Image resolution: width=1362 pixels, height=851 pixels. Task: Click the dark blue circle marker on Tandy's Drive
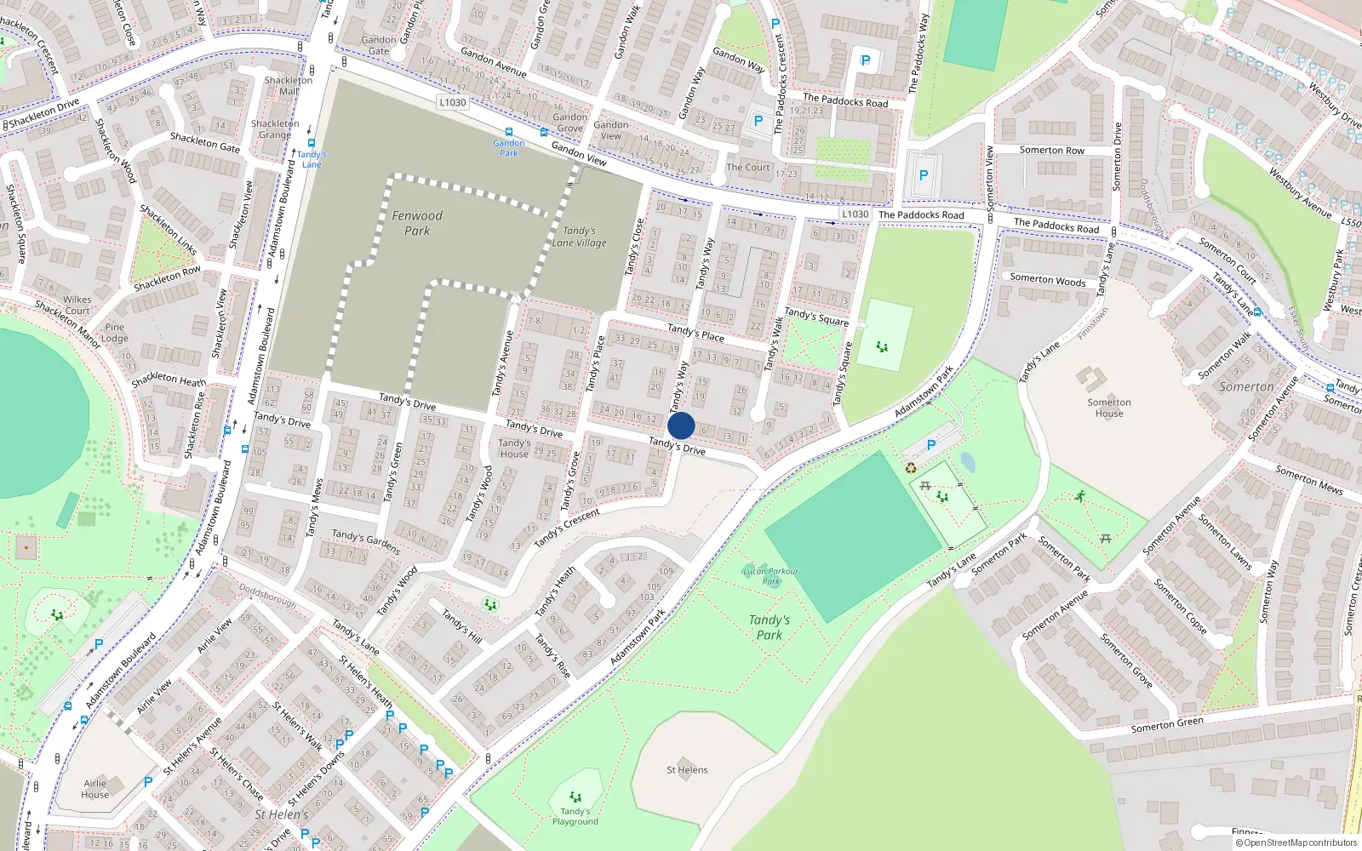coord(681,425)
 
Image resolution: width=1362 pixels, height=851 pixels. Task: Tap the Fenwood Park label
coord(417,223)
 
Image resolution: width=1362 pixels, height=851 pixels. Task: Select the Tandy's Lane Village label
coord(580,237)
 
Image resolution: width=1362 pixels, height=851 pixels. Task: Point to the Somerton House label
coord(1109,408)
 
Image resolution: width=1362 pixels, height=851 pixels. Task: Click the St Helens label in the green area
coord(687,770)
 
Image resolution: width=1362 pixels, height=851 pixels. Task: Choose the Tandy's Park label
coord(770,627)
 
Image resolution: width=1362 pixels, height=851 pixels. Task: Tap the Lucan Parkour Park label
coord(771,576)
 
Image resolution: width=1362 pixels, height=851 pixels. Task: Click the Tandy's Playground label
coord(575,816)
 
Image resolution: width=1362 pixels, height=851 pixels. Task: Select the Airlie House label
coord(95,789)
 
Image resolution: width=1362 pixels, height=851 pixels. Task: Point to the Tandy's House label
coord(514,448)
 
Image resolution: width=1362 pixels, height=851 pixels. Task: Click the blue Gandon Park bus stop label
coord(509,148)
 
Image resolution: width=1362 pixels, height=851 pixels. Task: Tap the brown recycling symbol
coord(911,467)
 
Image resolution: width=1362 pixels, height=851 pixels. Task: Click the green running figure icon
coord(1081,495)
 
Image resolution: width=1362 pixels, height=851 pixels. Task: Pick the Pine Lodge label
coord(115,332)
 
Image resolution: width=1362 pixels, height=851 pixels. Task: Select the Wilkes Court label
coord(77,305)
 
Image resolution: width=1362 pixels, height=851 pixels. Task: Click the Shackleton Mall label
coord(289,85)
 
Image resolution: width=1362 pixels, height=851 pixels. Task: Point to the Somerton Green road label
coord(1167,725)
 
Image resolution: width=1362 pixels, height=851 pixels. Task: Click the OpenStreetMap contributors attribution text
coord(1296,842)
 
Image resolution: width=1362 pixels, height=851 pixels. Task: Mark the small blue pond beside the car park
coord(968,462)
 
